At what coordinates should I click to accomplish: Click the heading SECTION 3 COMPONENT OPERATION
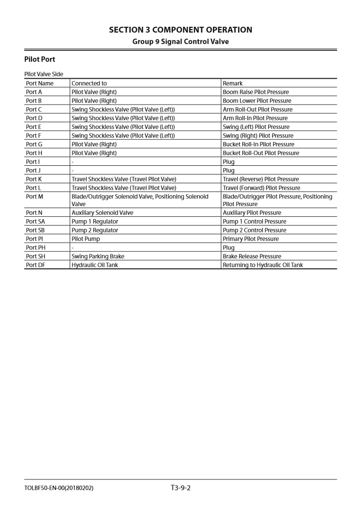point(180,30)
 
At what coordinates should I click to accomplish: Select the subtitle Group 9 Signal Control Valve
point(180,41)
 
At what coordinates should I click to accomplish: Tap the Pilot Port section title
point(39,59)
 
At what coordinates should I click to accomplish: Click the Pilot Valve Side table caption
point(44,74)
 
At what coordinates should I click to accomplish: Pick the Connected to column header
point(89,83)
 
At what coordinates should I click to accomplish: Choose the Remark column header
point(233,83)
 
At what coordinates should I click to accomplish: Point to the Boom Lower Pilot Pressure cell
point(257,101)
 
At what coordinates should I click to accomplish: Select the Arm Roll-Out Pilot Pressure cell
point(257,109)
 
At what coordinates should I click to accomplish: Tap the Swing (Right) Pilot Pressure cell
point(258,136)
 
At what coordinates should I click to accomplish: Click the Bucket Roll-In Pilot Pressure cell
point(258,144)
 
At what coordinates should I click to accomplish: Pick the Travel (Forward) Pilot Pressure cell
point(261,188)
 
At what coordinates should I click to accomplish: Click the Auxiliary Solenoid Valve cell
point(102,212)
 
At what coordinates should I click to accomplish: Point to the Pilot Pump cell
point(86,239)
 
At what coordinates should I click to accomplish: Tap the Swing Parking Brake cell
point(97,256)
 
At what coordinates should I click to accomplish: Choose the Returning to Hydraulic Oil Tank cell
point(262,265)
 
